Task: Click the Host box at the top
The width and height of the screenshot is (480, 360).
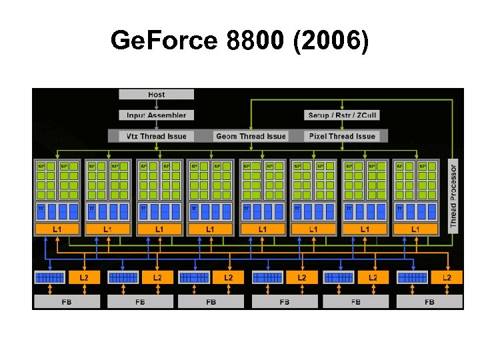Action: (157, 95)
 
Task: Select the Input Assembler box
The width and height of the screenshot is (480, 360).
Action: (157, 115)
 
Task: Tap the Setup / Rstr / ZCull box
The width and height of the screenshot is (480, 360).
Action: (343, 115)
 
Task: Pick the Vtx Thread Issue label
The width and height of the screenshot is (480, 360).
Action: (157, 136)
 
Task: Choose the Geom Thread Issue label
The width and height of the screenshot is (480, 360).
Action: (251, 136)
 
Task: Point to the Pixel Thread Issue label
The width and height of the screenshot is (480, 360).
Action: (343, 136)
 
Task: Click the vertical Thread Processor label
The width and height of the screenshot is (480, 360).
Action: (453, 197)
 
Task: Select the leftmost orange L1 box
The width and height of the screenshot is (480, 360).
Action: (57, 229)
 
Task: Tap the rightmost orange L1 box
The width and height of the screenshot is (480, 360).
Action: (415, 229)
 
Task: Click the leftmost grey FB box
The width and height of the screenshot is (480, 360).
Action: (67, 302)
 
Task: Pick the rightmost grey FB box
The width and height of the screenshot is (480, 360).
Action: (429, 302)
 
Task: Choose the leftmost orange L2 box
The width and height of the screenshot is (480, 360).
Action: (84, 277)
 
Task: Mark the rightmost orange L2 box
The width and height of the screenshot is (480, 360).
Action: (447, 277)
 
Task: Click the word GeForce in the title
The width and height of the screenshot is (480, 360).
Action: (164, 42)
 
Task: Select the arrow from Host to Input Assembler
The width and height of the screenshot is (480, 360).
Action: (157, 105)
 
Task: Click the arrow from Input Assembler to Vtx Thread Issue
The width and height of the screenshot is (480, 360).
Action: (157, 125)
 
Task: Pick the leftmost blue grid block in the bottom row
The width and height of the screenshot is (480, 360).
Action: (49, 277)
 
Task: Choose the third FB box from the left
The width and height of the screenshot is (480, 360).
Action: (211, 302)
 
